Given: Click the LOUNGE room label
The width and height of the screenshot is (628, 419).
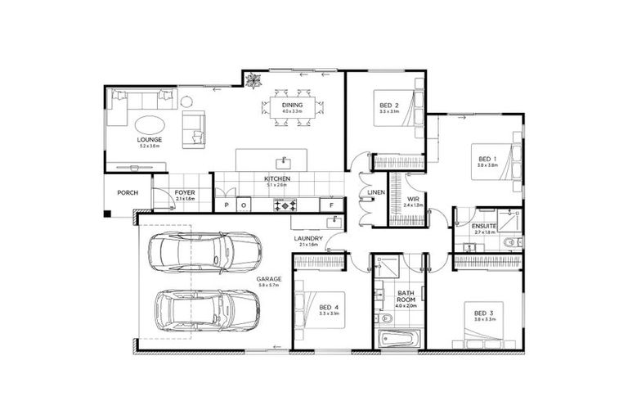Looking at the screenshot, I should coord(150,140).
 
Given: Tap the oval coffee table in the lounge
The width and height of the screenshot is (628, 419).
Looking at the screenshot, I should coord(149,124).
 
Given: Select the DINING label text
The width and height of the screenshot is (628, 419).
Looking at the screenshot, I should coord(292,106).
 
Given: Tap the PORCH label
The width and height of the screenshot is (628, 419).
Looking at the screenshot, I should coord(127,193).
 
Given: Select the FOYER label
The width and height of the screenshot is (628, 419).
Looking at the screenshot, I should coord(185,193).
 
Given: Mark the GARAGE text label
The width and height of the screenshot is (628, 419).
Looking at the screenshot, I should coord(268,279).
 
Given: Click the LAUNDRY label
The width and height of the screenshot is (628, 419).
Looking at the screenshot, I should coord(309,239).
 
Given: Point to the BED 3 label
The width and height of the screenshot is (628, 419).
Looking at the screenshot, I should coord(486,312).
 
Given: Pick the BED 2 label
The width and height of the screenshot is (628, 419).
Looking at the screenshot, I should coord(389,106).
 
